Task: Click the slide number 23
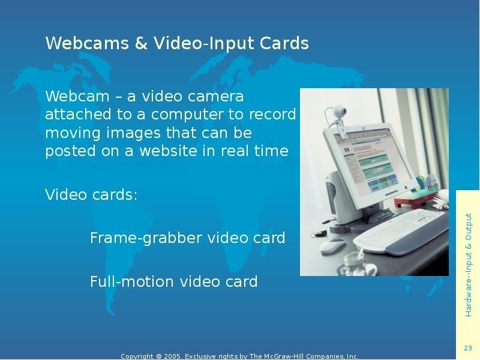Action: (x=468, y=348)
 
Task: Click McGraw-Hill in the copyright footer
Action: (x=289, y=356)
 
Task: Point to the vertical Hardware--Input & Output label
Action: (x=468, y=264)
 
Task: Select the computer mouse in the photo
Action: (x=331, y=245)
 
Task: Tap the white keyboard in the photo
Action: (x=399, y=231)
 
